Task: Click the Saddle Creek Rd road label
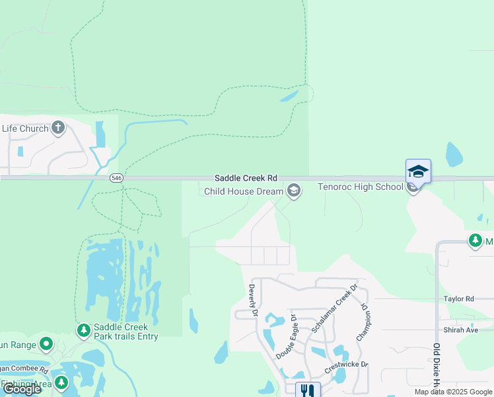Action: pos(246,179)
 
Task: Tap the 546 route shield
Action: pos(116,179)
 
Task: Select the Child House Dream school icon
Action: pos(294,192)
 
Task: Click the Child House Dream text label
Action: pos(243,192)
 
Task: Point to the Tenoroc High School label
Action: pos(361,187)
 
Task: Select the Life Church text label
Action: pos(25,128)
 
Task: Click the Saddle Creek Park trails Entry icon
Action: pos(83,330)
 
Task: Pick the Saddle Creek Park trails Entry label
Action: pos(125,331)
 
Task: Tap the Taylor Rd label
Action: pos(459,299)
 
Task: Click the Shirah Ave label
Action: pos(460,330)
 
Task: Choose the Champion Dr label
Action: pos(362,322)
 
